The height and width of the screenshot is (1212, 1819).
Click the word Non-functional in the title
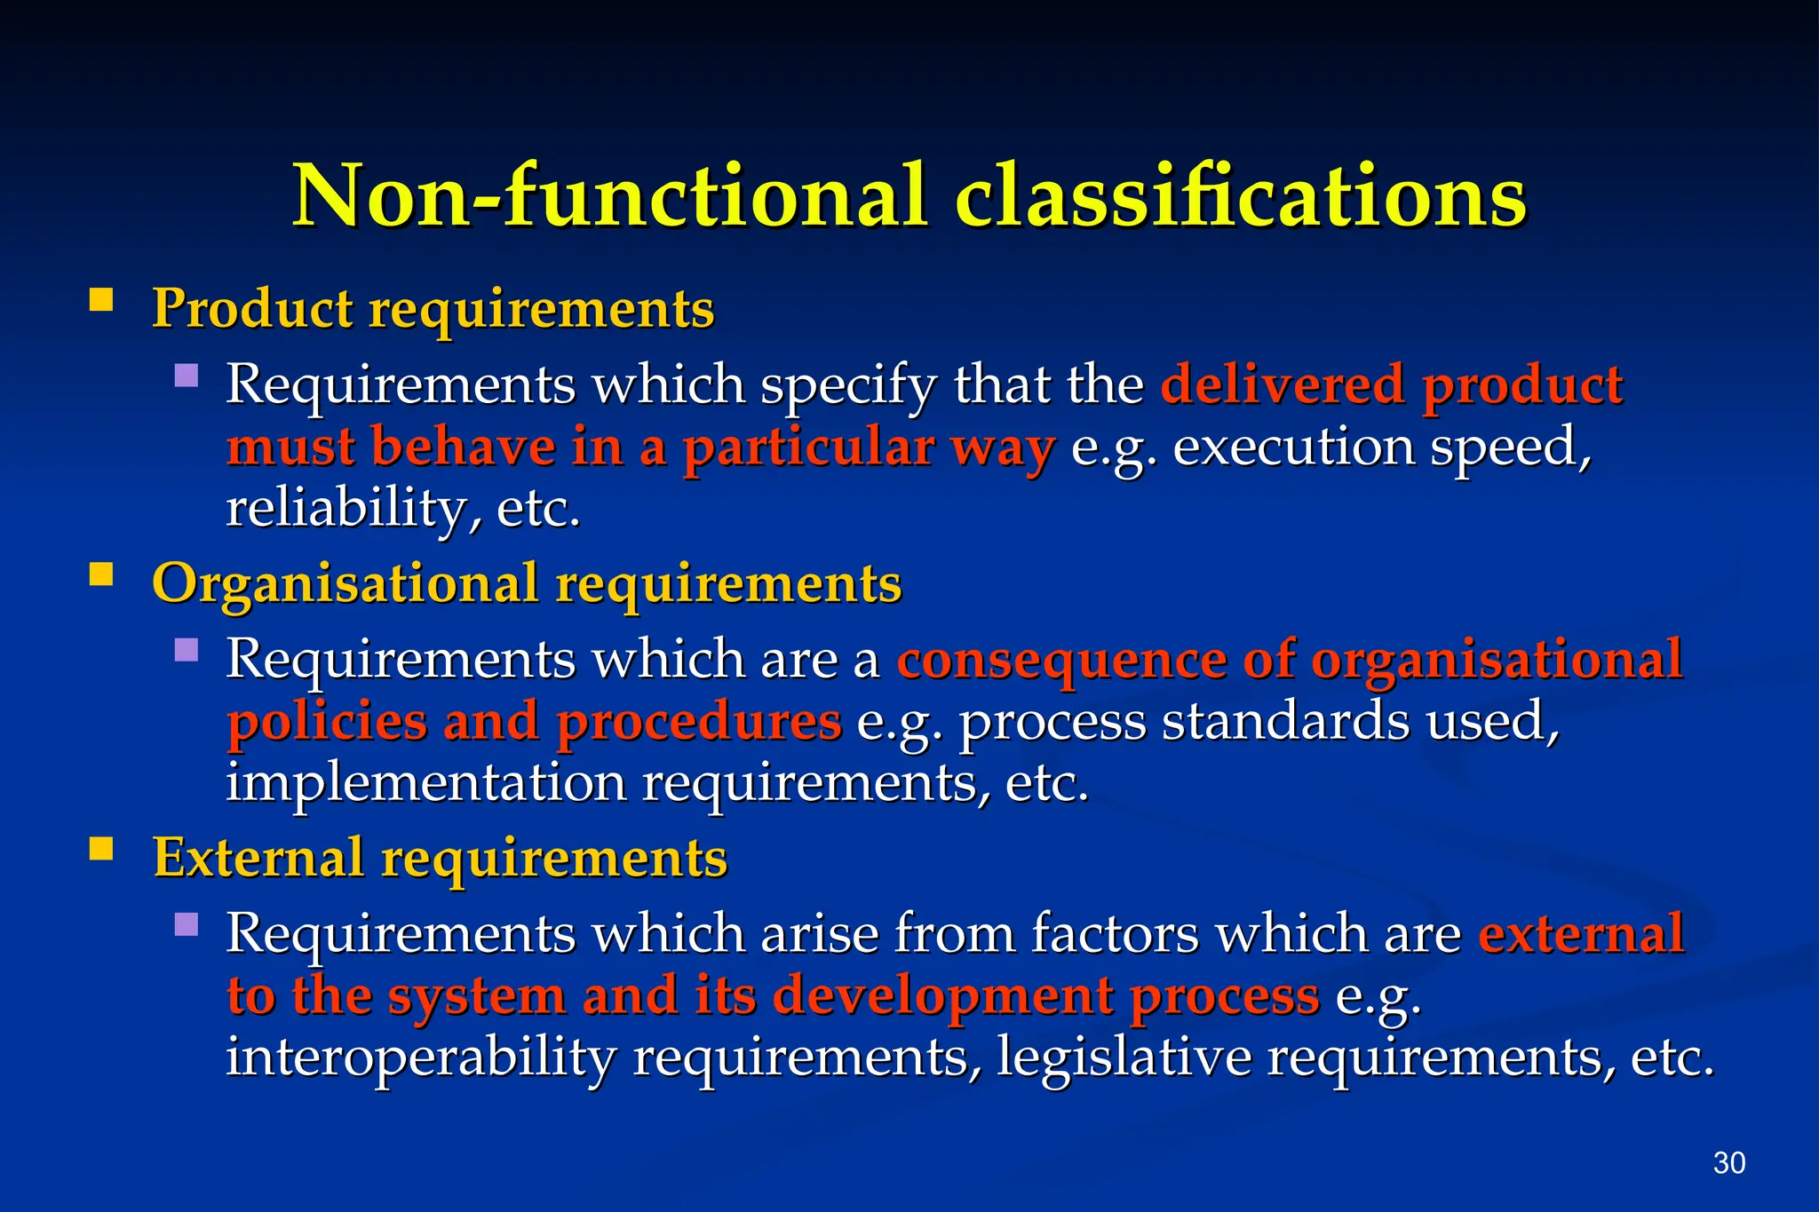[609, 195]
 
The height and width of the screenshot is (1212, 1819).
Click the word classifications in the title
[1241, 195]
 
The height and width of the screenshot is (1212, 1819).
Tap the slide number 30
[1728, 1162]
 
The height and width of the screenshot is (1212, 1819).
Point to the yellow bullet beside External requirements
[101, 850]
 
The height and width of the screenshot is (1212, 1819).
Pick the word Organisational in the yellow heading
[345, 584]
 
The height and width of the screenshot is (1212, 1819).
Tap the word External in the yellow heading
[258, 858]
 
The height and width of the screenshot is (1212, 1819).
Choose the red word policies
[327, 722]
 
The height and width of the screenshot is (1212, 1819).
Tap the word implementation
[425, 783]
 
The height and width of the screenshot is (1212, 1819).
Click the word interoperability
[420, 1058]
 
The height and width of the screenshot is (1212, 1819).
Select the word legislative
[1124, 1058]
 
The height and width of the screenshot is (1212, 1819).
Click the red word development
[942, 996]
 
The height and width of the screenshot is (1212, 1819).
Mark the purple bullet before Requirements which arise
[187, 925]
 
